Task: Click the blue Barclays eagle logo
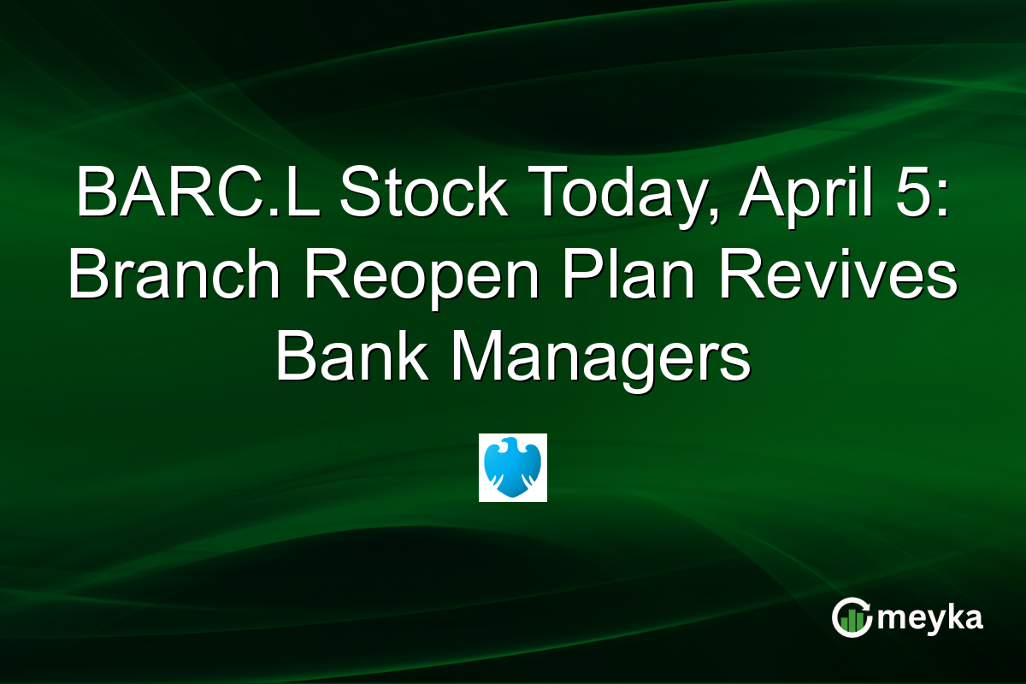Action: click(512, 467)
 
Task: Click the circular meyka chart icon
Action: click(852, 617)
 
